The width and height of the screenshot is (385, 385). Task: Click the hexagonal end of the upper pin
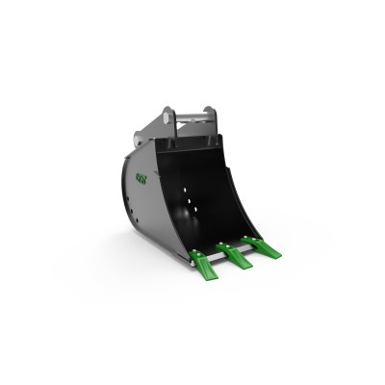[169, 118]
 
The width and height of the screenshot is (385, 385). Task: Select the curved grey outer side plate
[144, 202]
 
